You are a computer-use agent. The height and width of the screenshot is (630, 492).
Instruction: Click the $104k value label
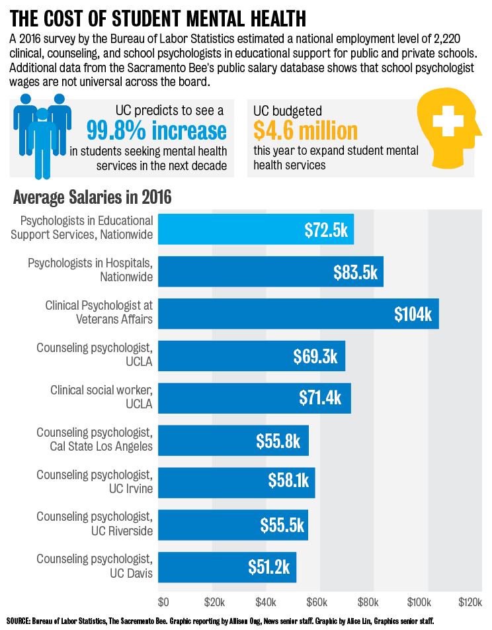click(413, 314)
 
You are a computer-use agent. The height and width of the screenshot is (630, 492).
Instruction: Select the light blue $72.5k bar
click(256, 230)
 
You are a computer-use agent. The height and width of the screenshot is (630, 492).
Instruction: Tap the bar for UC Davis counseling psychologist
click(227, 566)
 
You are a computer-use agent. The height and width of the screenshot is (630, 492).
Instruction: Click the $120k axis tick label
click(470, 603)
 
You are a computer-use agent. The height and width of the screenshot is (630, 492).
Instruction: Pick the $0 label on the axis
click(163, 603)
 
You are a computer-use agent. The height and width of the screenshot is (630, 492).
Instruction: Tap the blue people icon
click(42, 132)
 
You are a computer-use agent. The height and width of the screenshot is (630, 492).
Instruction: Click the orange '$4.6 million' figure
click(305, 130)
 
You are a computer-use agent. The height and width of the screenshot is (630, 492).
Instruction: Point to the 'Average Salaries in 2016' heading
click(92, 197)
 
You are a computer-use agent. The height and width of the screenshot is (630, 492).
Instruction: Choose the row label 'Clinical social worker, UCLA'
click(101, 397)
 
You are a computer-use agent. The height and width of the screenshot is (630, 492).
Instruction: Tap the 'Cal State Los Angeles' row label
click(101, 446)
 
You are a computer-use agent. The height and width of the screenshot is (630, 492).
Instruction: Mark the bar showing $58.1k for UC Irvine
click(237, 482)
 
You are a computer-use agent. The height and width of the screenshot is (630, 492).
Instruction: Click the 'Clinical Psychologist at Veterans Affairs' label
click(99, 312)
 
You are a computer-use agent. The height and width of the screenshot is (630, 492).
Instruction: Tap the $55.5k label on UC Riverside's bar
click(282, 525)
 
